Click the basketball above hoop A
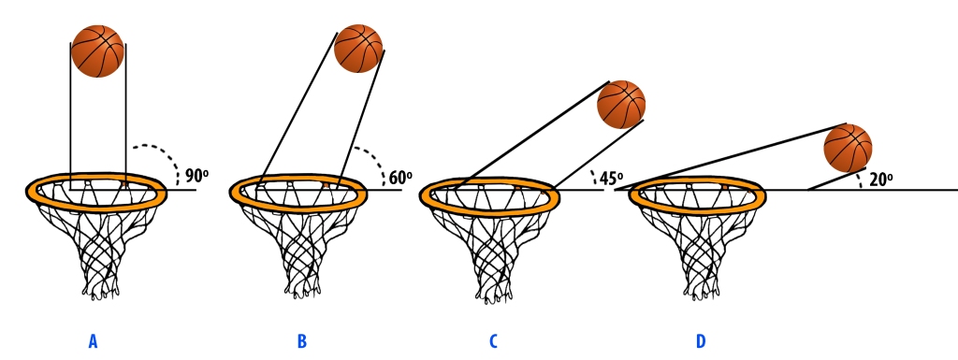97,50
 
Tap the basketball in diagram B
358,49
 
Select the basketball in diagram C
621,105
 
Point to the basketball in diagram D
848,148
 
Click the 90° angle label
196,175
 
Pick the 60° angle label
400,177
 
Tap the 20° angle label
880,179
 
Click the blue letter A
93,341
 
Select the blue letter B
301,341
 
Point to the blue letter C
493,341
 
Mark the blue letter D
701,341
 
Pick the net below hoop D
700,248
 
